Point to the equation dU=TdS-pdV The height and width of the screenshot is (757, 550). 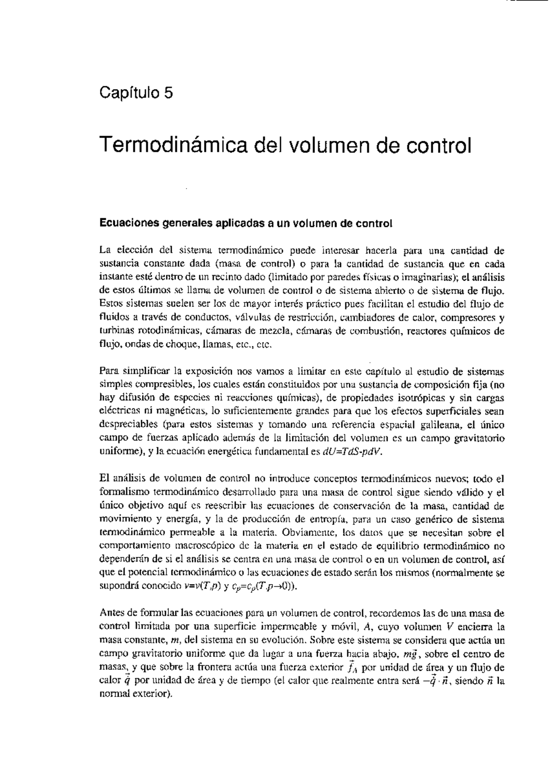pyautogui.click(x=352, y=451)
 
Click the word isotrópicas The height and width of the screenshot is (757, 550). pyautogui.click(x=412, y=398)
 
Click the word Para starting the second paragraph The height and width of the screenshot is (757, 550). pyautogui.click(x=108, y=371)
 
